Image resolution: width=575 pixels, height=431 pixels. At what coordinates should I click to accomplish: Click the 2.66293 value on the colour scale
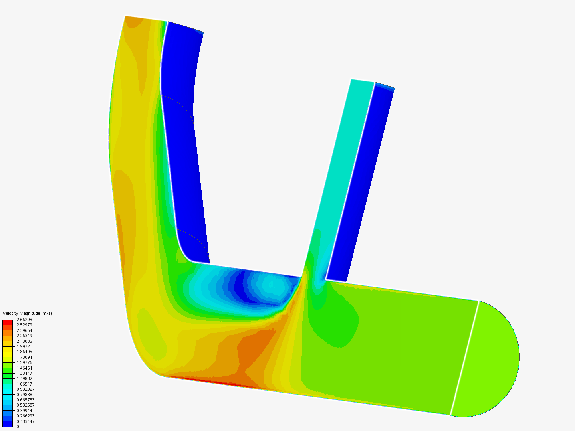pyautogui.click(x=24, y=320)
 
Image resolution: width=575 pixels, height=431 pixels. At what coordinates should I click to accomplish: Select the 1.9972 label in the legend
pyautogui.click(x=23, y=346)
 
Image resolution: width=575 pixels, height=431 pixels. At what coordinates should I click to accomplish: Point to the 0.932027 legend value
pyautogui.click(x=26, y=389)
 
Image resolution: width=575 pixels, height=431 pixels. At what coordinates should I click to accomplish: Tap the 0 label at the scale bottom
pyautogui.click(x=18, y=427)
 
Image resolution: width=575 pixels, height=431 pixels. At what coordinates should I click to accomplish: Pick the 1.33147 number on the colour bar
pyautogui.click(x=24, y=373)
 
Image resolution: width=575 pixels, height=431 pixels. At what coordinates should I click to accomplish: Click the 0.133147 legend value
pyautogui.click(x=26, y=421)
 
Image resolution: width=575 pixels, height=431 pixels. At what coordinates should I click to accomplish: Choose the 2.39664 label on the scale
pyautogui.click(x=24, y=330)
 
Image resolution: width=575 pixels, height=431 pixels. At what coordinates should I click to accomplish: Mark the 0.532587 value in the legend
pyautogui.click(x=26, y=405)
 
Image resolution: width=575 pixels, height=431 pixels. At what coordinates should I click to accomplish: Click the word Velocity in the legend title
pyautogui.click(x=10, y=313)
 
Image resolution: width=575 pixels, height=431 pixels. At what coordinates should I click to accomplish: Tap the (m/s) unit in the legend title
pyautogui.click(x=47, y=313)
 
